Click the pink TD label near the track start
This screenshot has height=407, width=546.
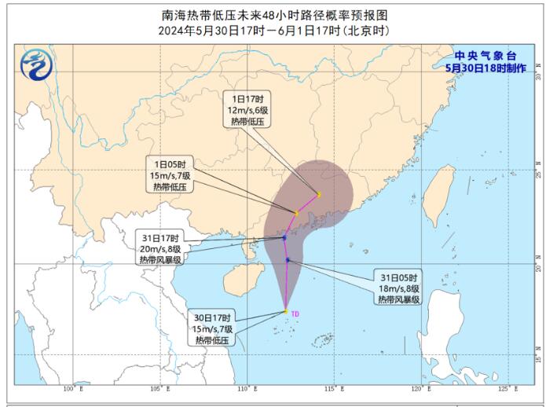pyautogui.click(x=295, y=314)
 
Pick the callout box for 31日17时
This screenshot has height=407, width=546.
pyautogui.click(x=161, y=248)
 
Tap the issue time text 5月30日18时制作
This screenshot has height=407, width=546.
pyautogui.click(x=480, y=68)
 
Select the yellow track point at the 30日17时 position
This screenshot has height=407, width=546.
pyautogui.click(x=286, y=312)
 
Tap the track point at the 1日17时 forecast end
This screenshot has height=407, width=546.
pyautogui.click(x=319, y=194)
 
